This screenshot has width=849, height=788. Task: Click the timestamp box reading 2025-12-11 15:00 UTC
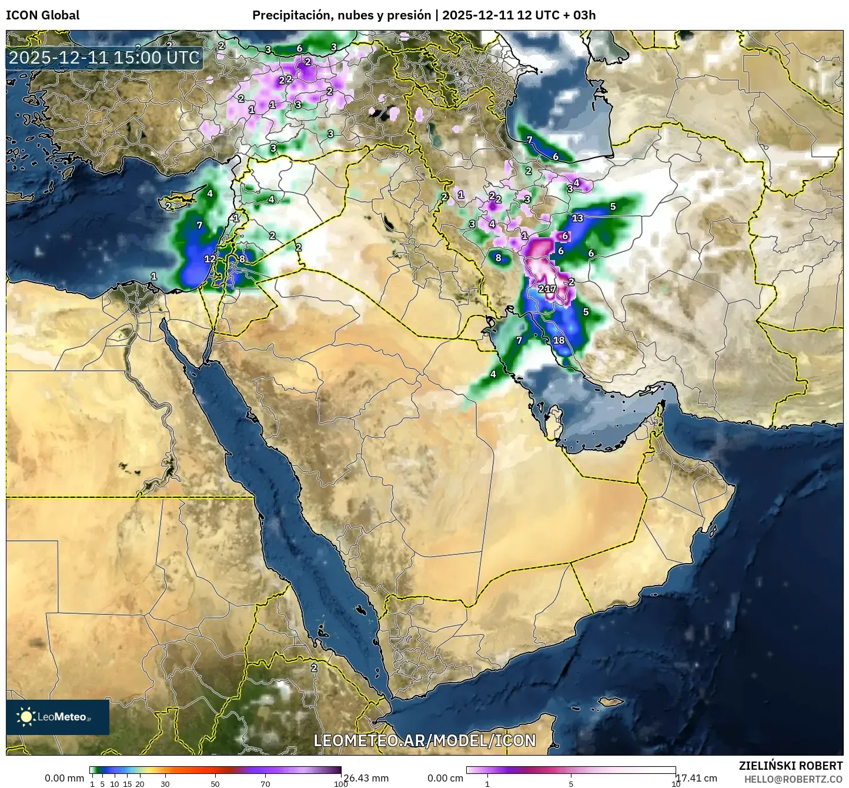point(104,58)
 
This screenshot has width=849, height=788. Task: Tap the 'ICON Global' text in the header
point(42,15)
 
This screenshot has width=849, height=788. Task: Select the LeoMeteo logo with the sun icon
point(58,717)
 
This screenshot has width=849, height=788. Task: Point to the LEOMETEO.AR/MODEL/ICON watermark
point(424,740)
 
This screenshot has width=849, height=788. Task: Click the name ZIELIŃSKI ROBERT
point(790,766)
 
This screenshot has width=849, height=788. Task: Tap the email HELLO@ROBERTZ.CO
point(793,779)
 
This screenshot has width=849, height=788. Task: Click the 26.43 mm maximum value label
point(365,778)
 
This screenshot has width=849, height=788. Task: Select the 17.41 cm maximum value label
point(696,778)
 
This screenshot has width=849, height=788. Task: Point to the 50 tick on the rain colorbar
point(215,783)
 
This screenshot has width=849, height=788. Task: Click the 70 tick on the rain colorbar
point(265,783)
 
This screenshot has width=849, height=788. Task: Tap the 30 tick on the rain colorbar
point(165,783)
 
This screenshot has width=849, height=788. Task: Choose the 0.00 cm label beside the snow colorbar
point(445,778)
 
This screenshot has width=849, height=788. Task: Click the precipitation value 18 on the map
point(559,340)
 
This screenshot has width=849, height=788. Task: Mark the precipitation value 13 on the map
point(577,218)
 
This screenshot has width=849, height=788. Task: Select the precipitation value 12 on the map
point(210,258)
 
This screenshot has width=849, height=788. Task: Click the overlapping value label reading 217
point(547,289)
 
